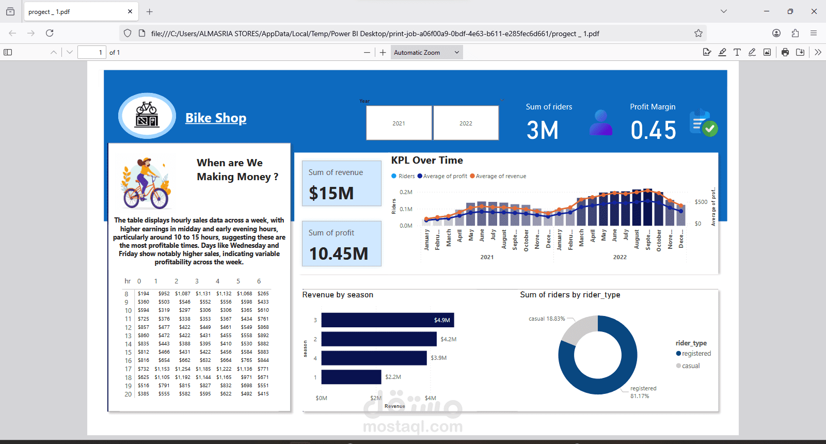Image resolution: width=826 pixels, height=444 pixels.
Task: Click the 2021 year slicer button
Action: coord(399,123)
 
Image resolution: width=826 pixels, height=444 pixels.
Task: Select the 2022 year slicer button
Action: coord(466,123)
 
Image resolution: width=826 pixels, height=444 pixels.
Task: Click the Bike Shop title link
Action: coord(216,118)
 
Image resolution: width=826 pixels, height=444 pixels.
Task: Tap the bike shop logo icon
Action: coord(147,116)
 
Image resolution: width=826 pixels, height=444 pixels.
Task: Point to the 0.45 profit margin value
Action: coord(653,130)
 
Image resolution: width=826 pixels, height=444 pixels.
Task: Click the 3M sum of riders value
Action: coord(543,130)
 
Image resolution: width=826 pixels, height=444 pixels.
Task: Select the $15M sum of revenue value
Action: coord(331,193)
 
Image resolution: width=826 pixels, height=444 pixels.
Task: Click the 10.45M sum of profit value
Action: coord(339,253)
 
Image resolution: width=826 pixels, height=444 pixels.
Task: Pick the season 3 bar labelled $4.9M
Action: coord(387,320)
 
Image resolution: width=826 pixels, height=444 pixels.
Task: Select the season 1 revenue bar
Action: coord(351,377)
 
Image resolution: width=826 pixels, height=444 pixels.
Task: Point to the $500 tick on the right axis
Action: coord(701,202)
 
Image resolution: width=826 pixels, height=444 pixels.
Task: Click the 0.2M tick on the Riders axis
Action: coord(406,192)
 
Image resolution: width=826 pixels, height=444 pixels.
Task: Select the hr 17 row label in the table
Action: coord(128,369)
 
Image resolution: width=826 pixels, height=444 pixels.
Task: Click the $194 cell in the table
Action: coord(144,294)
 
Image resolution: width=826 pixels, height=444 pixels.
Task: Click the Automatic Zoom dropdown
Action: coord(426,52)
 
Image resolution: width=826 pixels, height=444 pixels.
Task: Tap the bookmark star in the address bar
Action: coord(698,33)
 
